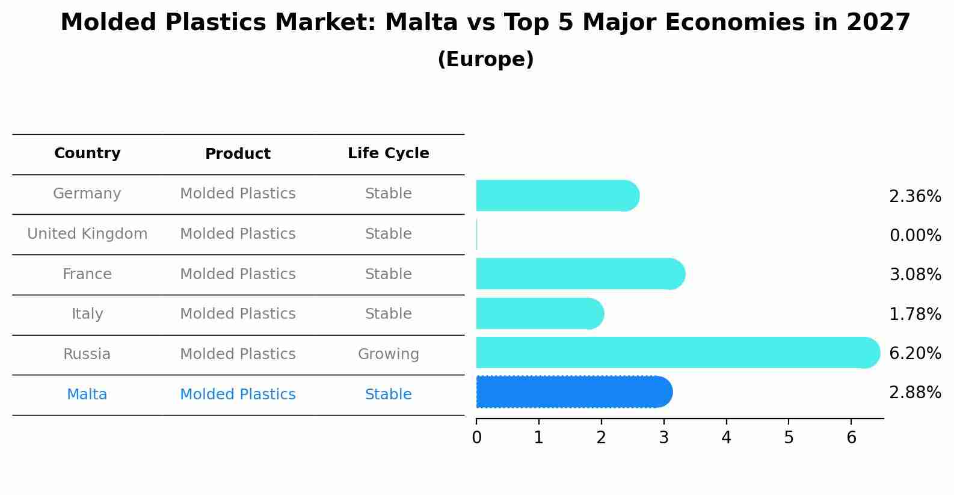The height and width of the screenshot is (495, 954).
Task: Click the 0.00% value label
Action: (915, 236)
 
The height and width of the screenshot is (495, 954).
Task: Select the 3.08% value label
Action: (915, 275)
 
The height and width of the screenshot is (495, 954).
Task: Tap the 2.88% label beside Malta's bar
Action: (915, 393)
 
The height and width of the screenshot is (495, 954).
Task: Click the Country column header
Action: (87, 153)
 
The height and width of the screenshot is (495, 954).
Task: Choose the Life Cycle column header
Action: (388, 153)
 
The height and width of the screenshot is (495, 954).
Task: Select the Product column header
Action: (238, 154)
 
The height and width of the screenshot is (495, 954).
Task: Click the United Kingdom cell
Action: (87, 234)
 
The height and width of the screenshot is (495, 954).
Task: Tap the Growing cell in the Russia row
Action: (388, 354)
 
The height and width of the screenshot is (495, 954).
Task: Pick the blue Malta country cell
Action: (87, 395)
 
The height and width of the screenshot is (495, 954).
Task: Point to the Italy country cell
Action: (87, 314)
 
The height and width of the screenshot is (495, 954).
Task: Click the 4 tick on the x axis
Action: (726, 438)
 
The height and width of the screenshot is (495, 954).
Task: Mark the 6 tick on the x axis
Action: (851, 438)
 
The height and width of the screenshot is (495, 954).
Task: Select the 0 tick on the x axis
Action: (476, 438)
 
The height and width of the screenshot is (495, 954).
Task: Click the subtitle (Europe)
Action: (485, 60)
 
